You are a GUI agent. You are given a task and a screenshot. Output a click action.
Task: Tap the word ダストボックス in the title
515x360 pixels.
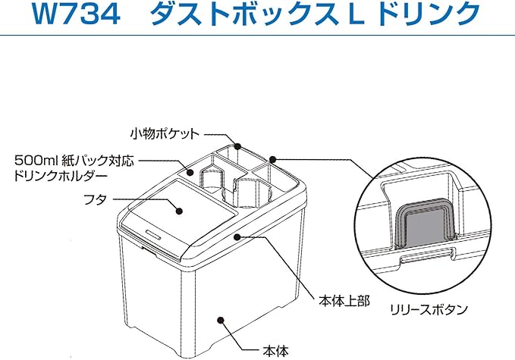tap(236, 14)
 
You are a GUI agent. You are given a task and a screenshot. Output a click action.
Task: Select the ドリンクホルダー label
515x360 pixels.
tap(61, 176)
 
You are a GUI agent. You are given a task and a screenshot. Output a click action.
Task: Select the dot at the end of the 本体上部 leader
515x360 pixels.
tap(239, 236)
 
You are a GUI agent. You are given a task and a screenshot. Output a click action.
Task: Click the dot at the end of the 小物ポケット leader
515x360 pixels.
tap(237, 145)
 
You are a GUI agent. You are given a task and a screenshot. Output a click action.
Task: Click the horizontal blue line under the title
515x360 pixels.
tap(257, 36)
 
